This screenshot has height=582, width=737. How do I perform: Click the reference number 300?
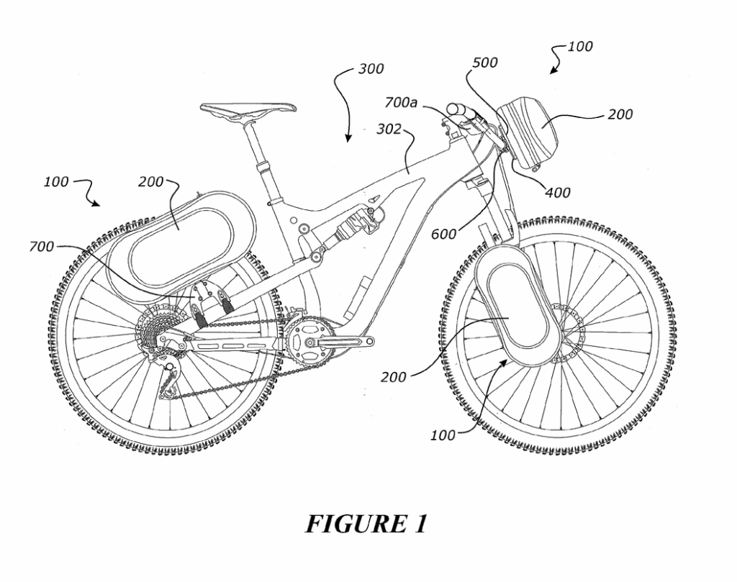coord(371,70)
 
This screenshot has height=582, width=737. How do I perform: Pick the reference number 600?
coord(444,234)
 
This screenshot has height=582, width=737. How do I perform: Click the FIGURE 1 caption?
coord(366,523)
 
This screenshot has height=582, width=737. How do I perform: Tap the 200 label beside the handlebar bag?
coord(620,114)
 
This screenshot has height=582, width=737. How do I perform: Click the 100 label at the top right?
coord(580,47)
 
